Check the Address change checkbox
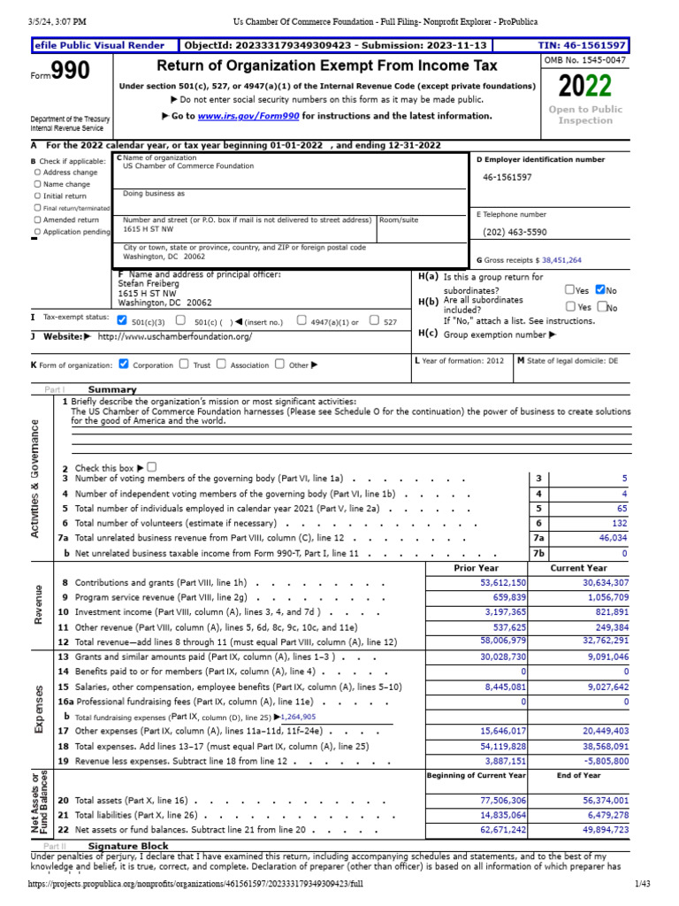coord(37,173)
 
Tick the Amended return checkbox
coord(37,219)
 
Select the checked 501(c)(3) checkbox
coord(122,320)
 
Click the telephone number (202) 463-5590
coord(515,232)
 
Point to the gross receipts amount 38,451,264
coord(561,261)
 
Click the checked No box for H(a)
coord(601,289)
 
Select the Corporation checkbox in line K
coord(123,364)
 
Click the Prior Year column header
coord(476,568)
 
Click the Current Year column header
coord(579,568)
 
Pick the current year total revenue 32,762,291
coord(599,640)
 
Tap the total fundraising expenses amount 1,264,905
coord(295,717)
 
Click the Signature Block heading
coord(134,846)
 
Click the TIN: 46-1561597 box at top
coord(582,45)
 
